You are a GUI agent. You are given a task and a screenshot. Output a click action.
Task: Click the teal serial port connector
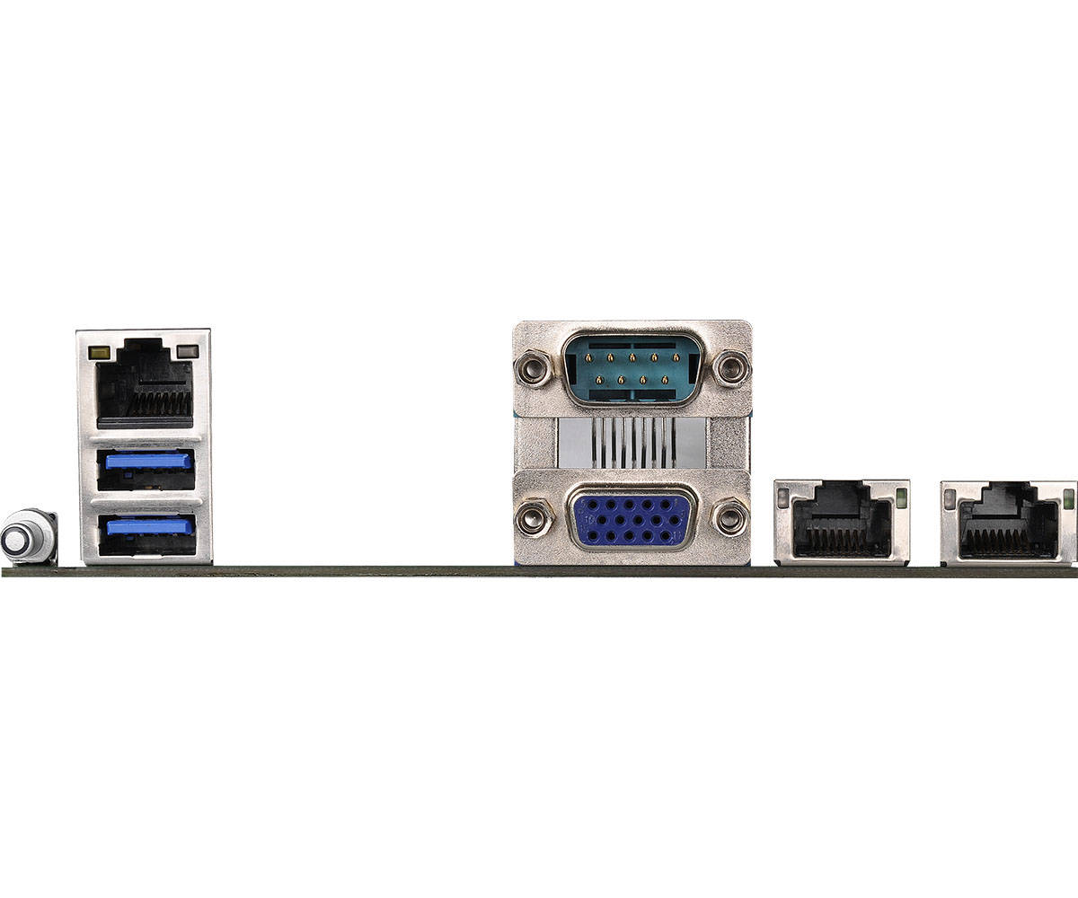coord(632,367)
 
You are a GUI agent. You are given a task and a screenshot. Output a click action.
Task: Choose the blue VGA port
coord(632,518)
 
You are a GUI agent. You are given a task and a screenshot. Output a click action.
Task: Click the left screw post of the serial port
coord(533,367)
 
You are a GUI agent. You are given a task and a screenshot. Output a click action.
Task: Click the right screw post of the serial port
coord(731,366)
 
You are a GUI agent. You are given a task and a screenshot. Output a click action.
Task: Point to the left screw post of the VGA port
coord(533,518)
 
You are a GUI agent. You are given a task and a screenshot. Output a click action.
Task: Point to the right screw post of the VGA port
coord(729,518)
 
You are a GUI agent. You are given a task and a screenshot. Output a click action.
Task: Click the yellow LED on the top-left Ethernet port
coord(101,352)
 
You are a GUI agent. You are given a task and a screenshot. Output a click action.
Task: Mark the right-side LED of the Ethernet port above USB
coord(187,351)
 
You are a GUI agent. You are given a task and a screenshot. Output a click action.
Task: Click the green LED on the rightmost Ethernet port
coord(1068,499)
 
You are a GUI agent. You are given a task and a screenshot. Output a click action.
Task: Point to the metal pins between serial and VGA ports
coord(632,443)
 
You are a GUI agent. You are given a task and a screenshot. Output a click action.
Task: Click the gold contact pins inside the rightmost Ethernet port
coord(1008,541)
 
